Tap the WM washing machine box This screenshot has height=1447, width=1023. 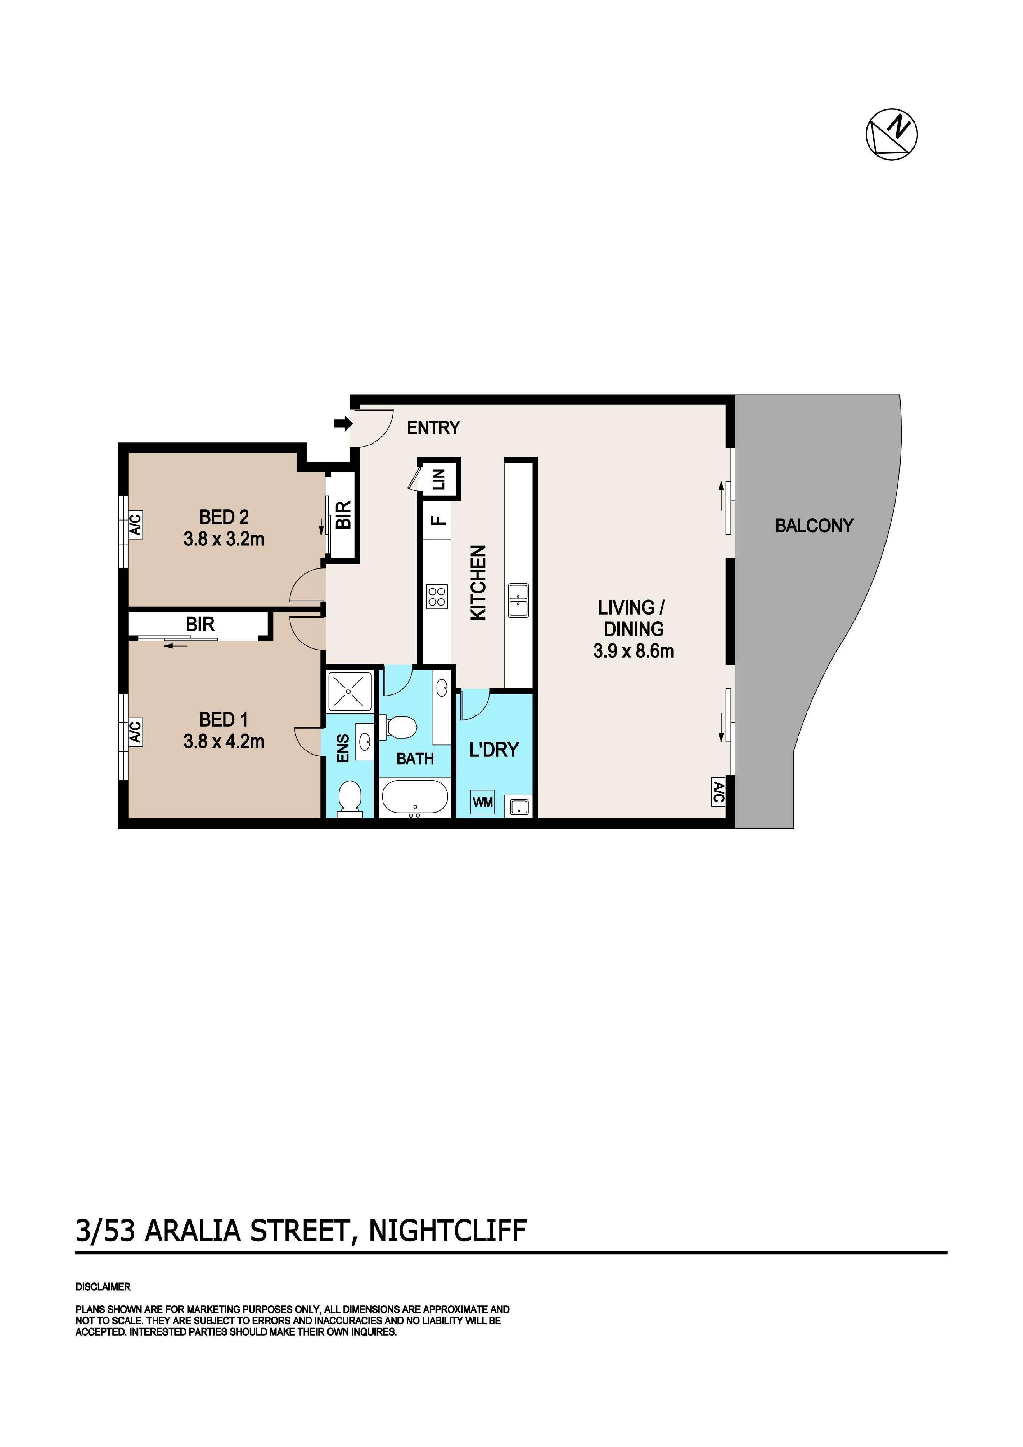[x=483, y=802]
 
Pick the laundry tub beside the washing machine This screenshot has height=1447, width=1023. [x=520, y=806]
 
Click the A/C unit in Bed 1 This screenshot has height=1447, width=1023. [x=135, y=732]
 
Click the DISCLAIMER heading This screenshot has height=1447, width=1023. [x=103, y=1287]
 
